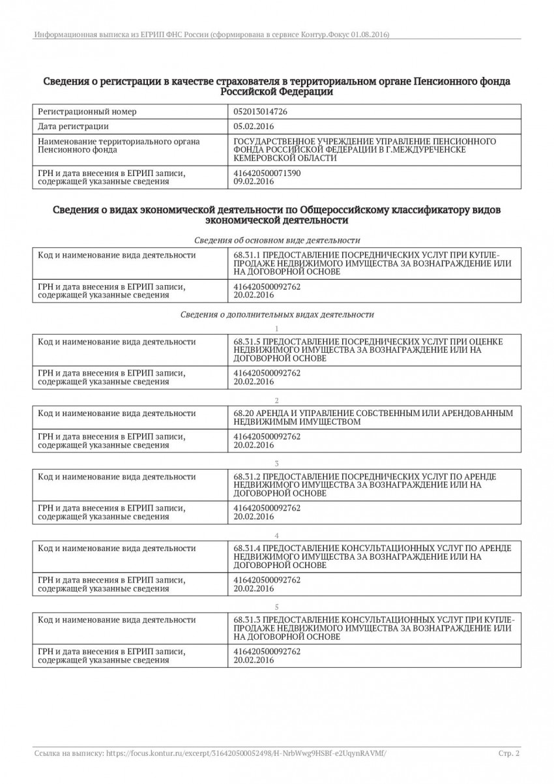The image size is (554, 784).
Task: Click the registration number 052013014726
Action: click(x=260, y=112)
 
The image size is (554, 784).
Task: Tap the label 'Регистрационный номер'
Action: click(x=87, y=112)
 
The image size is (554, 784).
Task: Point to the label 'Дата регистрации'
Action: click(x=74, y=127)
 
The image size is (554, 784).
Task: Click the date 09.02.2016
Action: click(x=253, y=182)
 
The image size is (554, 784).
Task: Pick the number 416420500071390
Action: click(x=267, y=173)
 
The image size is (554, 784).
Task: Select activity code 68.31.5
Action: click(x=246, y=341)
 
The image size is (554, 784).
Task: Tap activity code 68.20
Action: click(x=241, y=414)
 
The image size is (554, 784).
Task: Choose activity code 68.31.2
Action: click(x=246, y=477)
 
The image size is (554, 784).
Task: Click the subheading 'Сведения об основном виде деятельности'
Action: click(x=277, y=241)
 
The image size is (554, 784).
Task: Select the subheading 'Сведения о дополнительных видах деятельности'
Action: click(x=277, y=314)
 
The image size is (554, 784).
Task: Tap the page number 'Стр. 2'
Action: click(x=509, y=753)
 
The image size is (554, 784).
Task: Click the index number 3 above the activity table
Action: click(x=277, y=462)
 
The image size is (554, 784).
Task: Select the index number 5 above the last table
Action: click(x=277, y=606)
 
